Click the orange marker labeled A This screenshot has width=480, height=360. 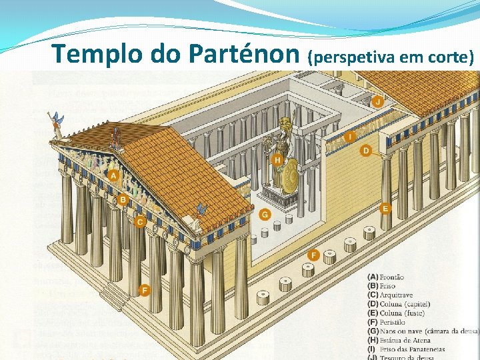click(x=113, y=175)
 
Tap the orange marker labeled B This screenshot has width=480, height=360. click(x=123, y=199)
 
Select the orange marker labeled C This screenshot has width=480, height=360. click(x=139, y=221)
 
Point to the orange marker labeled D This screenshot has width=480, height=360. click(x=365, y=151)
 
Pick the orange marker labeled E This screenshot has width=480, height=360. click(x=385, y=208)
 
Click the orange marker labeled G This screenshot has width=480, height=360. click(x=265, y=214)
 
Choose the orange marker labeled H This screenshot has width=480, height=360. click(x=277, y=159)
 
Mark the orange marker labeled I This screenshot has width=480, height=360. click(x=349, y=137)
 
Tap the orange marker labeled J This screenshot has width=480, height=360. click(x=377, y=101)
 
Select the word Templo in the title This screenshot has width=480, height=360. click(x=99, y=53)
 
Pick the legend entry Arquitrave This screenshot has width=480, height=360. click(x=396, y=295)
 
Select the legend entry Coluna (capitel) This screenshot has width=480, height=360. click(x=405, y=304)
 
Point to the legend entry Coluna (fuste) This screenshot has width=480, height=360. click(x=402, y=313)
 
